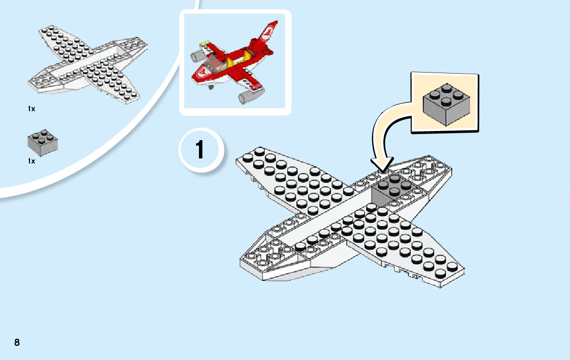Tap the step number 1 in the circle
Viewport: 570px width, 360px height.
coord(200,150)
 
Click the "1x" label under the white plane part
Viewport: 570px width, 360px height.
coord(32,109)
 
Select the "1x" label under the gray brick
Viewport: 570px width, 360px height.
coord(31,161)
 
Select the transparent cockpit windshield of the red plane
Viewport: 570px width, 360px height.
coord(215,65)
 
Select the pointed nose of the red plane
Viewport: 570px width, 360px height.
coord(195,78)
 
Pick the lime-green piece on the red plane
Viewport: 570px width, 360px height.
coord(205,45)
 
